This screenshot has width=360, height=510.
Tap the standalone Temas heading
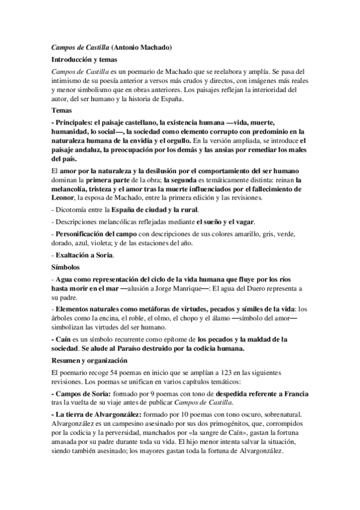click(62, 111)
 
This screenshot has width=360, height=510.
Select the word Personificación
click(84, 233)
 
